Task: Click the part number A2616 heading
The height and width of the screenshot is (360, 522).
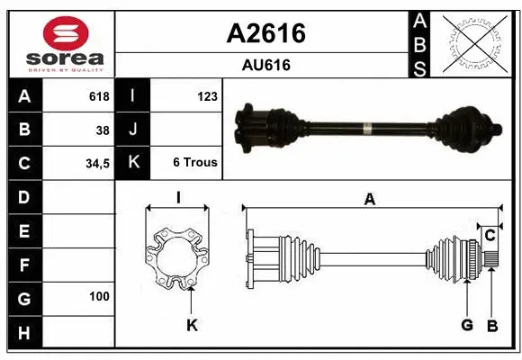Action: (265, 33)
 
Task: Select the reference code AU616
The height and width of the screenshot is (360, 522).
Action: (265, 65)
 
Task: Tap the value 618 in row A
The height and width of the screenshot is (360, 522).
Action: (98, 96)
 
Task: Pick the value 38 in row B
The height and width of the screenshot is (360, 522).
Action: (102, 130)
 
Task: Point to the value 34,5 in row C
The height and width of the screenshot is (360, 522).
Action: (96, 164)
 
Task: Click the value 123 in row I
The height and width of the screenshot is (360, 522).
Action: (207, 96)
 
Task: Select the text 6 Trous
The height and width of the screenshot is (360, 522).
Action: (195, 163)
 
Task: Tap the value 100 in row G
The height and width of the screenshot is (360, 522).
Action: (99, 296)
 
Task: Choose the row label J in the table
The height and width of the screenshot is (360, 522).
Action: (133, 130)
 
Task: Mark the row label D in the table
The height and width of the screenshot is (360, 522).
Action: (23, 196)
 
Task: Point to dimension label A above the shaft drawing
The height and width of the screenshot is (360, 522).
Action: (369, 200)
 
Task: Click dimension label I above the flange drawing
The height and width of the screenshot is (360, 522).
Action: (178, 197)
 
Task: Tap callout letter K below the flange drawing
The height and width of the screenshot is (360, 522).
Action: (192, 325)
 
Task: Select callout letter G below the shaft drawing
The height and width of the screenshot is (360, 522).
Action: (467, 325)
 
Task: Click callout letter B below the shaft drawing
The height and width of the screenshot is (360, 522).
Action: (491, 325)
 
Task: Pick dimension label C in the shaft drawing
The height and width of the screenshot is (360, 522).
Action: (490, 236)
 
